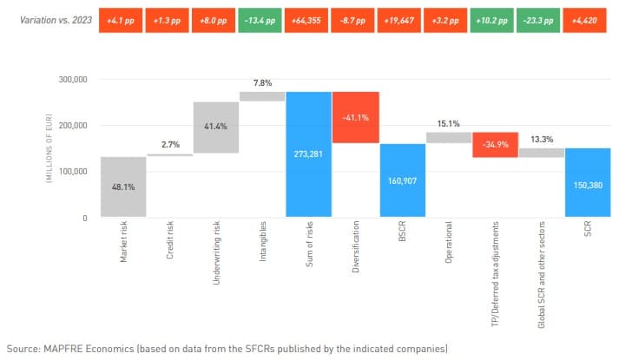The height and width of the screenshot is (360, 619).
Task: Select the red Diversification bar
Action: [355, 117]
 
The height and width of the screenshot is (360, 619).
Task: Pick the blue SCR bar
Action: [587, 182]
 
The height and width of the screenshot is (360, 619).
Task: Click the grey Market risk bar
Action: [123, 187]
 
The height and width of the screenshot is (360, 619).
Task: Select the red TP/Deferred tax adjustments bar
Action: [495, 145]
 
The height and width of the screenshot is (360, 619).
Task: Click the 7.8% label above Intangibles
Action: [262, 83]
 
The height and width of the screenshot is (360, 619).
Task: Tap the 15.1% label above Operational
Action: [448, 123]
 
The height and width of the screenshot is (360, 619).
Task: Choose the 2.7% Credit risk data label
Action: [170, 146]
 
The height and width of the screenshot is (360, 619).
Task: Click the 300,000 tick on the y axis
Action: [73, 79]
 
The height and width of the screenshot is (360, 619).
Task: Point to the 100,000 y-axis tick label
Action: [73, 172]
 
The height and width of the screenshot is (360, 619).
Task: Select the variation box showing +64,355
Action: [308, 18]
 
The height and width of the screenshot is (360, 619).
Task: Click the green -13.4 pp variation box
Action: [261, 18]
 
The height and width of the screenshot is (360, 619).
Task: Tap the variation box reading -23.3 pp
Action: [541, 18]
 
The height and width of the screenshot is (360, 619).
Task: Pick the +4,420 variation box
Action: [587, 18]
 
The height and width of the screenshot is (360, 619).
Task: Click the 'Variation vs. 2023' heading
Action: [49, 18]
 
